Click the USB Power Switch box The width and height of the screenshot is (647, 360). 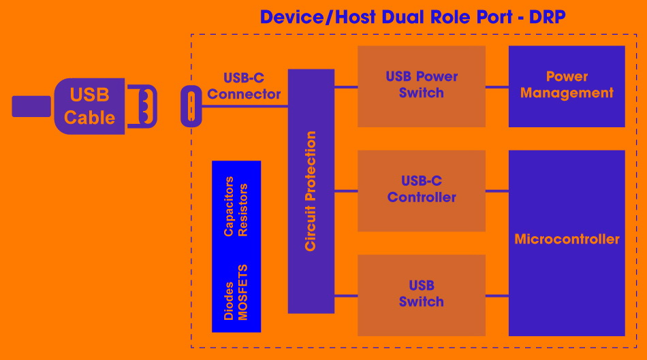(x=421, y=86)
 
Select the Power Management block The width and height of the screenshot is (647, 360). (x=567, y=86)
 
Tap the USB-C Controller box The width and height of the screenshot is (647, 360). (x=421, y=190)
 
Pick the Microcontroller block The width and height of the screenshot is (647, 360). (x=567, y=240)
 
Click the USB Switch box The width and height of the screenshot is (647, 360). (x=421, y=294)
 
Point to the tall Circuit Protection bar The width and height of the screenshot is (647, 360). (x=311, y=191)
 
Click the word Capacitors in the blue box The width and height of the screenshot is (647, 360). (x=229, y=206)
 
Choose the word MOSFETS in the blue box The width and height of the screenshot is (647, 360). (x=243, y=293)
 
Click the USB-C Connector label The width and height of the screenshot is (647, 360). (x=244, y=86)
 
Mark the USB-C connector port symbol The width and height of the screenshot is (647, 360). (x=191, y=106)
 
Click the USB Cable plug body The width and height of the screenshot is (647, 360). (x=89, y=105)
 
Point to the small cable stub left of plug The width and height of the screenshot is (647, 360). (x=31, y=106)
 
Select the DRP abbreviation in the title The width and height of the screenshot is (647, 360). (x=546, y=17)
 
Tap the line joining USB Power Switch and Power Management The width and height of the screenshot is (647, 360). (x=497, y=86)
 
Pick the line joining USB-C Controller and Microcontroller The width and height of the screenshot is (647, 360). (x=497, y=191)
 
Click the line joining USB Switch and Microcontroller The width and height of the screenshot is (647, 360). (x=497, y=295)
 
